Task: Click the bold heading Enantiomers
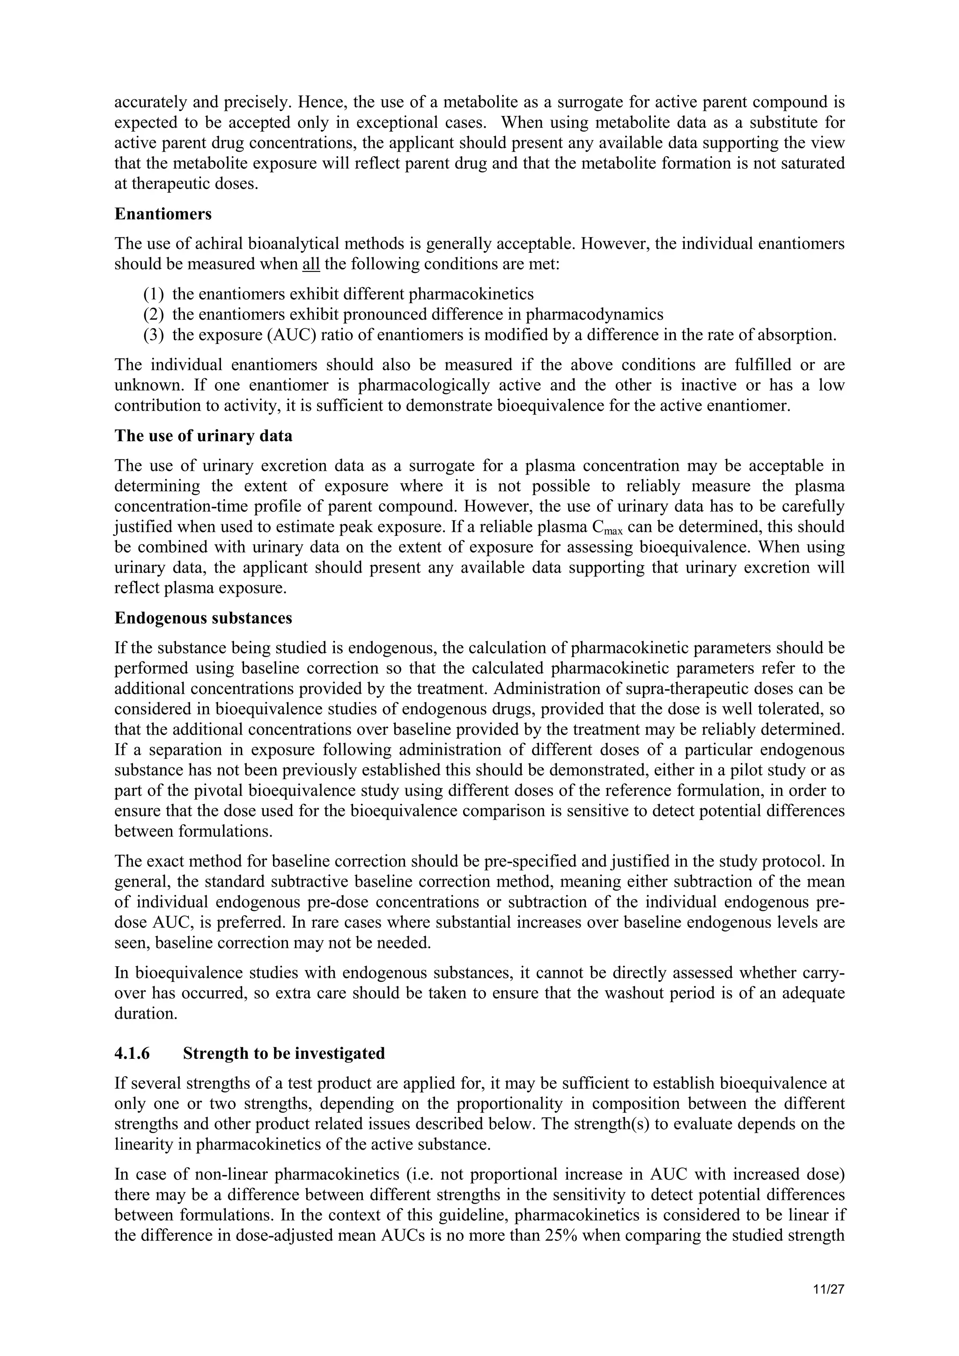pos(162,214)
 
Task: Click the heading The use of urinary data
pos(203,436)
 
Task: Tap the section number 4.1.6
pos(133,1053)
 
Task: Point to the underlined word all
pos(311,264)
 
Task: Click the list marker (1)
pos(154,294)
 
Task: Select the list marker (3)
pos(154,335)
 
